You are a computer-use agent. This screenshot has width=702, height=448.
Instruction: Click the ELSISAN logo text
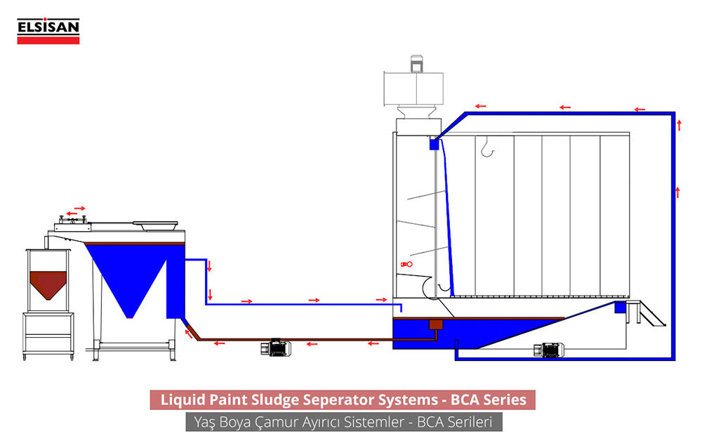tap(48, 28)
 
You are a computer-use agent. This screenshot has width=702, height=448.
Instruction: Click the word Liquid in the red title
tap(182, 400)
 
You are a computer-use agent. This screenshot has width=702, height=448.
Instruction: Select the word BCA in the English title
tap(469, 400)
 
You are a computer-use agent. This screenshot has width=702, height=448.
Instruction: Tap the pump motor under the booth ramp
tap(549, 349)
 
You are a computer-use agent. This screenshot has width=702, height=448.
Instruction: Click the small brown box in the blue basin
tap(435, 324)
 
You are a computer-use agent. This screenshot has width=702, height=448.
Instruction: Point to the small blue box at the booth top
tap(434, 143)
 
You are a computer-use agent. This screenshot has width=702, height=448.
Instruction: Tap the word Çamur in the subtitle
tap(271, 423)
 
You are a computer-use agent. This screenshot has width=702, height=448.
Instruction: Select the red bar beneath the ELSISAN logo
tap(48, 40)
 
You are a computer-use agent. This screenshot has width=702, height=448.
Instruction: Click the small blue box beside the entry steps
tap(620, 307)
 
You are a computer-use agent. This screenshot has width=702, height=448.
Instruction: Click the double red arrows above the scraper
tap(76, 210)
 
